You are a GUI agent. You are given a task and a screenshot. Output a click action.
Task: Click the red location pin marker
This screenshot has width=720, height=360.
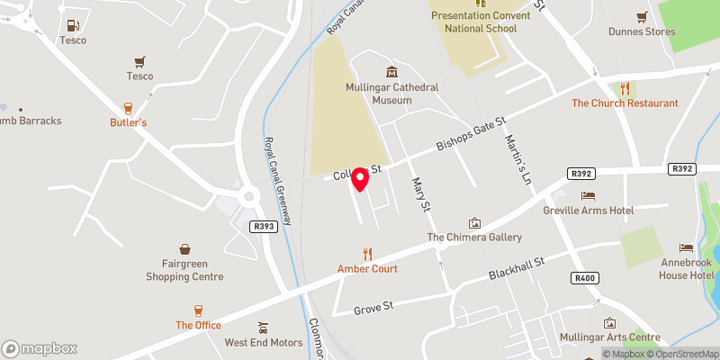[360, 179]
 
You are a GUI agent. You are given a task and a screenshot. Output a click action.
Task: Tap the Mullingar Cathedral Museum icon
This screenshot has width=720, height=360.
[391, 72]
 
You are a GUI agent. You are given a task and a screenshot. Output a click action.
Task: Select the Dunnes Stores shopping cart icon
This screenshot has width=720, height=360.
[642, 17]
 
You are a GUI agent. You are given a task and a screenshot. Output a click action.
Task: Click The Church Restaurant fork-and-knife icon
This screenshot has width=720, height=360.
[625, 88]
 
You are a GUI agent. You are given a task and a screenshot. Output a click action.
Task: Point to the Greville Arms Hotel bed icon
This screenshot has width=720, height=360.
[589, 195]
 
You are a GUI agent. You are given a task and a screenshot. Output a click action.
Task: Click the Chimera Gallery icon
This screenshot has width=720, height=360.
[474, 222]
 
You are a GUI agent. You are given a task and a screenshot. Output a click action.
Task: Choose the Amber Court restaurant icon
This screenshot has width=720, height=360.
[367, 254]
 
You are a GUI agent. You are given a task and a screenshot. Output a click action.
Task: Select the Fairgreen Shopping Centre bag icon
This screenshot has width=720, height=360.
[184, 249]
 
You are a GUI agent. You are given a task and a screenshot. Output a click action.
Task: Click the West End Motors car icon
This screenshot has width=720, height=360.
[263, 328]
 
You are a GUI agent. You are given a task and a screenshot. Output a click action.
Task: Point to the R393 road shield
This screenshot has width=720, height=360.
[262, 228]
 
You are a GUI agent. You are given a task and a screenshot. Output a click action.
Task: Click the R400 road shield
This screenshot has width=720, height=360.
[585, 278]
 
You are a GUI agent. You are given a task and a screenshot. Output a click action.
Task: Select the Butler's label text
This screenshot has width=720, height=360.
[128, 121]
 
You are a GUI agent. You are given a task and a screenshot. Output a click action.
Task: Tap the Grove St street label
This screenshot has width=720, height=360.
[374, 308]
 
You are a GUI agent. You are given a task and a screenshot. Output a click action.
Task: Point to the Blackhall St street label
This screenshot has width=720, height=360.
[517, 266]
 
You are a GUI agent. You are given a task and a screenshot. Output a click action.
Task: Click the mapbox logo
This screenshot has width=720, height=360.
[40, 348]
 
